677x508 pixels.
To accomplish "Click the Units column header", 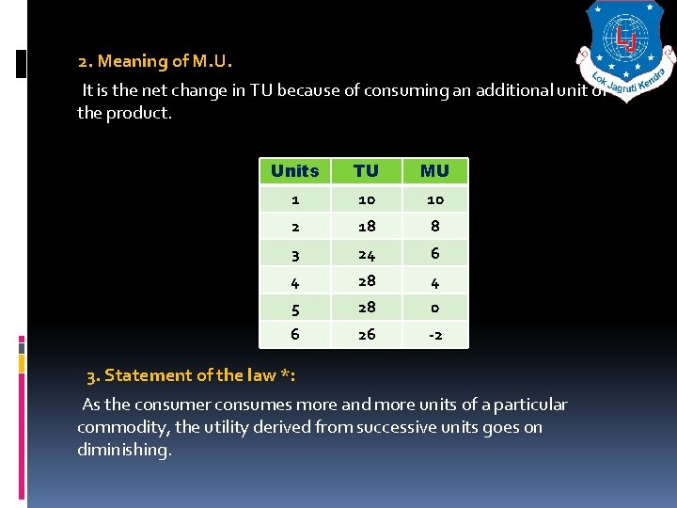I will (294, 171).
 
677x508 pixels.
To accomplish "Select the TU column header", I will (366, 171).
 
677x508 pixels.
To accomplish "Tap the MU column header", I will (434, 171).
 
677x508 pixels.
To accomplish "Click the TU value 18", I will (366, 226).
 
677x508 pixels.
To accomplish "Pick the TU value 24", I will (366, 253).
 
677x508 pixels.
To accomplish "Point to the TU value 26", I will (366, 334).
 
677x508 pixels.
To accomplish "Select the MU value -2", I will (434, 334).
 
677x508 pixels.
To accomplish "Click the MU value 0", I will (434, 308).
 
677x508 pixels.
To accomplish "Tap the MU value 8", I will (434, 226).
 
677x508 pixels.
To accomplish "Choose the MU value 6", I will (434, 253).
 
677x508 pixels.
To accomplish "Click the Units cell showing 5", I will (295, 308).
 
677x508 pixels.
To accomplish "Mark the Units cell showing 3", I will (295, 253).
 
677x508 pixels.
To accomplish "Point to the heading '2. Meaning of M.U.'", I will (155, 62).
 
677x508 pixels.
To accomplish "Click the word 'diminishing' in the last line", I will (125, 450).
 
